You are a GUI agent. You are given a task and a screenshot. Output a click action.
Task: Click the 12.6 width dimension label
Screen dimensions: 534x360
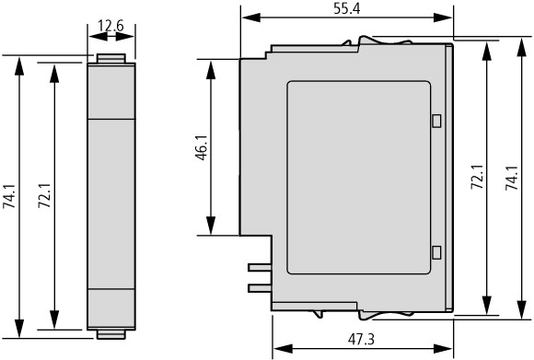110,26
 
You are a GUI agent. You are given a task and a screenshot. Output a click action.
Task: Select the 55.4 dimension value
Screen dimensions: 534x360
346,9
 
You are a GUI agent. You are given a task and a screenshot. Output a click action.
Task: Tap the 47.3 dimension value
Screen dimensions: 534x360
361,339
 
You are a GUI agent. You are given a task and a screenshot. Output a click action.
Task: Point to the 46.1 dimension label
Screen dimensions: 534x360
202,147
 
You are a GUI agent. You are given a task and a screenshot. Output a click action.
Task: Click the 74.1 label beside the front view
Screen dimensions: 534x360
9,196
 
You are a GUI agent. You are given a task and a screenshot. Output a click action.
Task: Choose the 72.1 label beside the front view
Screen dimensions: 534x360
44,196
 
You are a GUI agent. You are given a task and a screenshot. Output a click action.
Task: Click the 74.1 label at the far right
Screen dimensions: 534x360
512,178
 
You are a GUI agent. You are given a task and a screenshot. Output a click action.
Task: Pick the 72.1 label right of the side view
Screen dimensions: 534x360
477,177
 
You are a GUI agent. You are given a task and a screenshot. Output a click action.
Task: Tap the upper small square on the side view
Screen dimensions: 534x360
436,121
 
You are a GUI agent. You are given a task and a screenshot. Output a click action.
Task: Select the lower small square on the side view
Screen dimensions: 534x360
436,252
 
